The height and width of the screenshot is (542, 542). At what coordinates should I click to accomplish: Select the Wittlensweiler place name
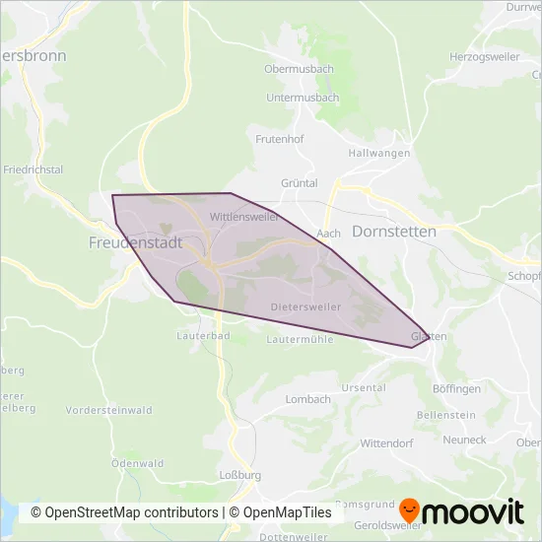click(244, 217)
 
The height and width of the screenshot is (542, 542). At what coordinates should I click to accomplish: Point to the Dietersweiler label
click(305, 307)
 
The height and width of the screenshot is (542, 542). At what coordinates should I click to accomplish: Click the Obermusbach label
click(299, 70)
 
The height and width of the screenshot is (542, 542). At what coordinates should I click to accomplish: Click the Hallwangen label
click(378, 155)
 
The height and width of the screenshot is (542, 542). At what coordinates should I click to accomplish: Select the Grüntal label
click(300, 183)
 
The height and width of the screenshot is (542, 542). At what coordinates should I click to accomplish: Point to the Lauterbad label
click(204, 336)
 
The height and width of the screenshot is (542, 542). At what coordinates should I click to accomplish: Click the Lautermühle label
click(301, 339)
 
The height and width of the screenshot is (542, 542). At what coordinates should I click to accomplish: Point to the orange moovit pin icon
click(410, 511)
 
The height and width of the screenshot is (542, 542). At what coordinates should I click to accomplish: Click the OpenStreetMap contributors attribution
click(125, 512)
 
